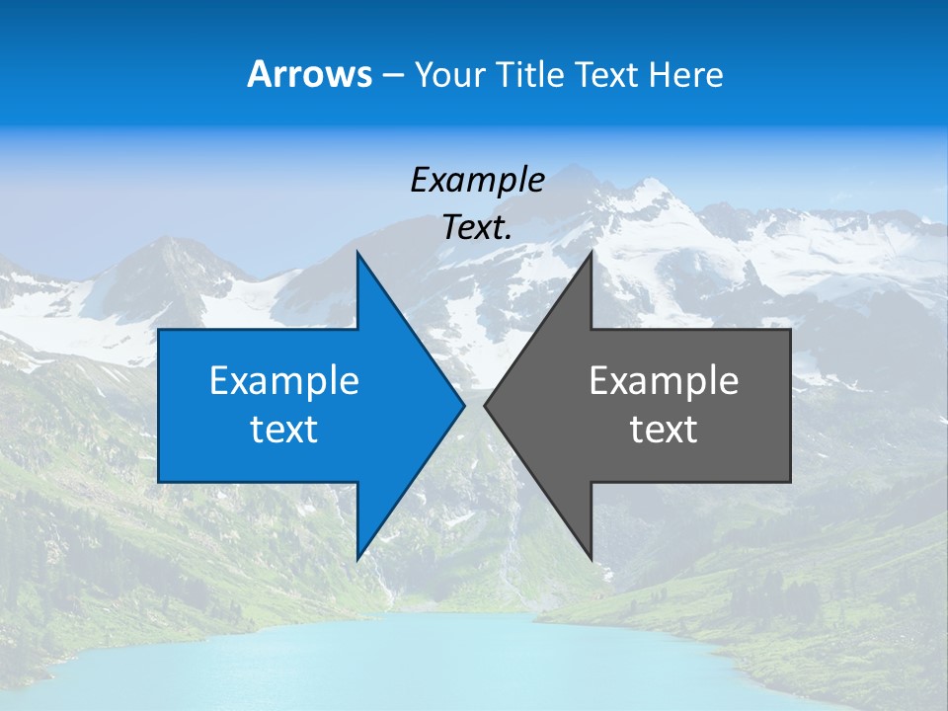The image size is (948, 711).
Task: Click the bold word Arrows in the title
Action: coord(309,74)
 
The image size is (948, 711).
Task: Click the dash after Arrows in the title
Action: coord(392,75)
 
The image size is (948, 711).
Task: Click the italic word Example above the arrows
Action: coord(477,180)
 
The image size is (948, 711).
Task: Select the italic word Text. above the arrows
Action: coord(477,228)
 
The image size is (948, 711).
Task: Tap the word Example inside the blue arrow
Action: coord(284,381)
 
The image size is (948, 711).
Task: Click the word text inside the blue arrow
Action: coord(284,430)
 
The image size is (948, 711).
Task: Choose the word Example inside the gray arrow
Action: coord(664,381)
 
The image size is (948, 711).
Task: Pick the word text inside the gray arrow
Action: coord(664,430)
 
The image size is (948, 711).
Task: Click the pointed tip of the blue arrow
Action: coord(463,405)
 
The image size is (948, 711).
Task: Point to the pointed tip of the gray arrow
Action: coord(486,405)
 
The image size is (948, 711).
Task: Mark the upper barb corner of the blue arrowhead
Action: coord(357,254)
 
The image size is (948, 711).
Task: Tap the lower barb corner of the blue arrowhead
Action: coord(357,558)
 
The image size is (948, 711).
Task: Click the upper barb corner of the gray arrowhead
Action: coord(592,254)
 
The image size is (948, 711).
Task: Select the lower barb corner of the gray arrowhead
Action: coord(592,558)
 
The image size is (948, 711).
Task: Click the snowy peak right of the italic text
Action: coord(647,197)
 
